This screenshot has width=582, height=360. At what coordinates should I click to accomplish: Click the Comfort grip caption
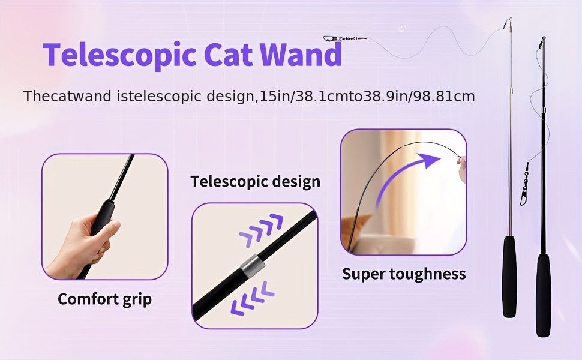[x=104, y=299]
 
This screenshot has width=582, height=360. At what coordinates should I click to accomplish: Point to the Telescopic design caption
[x=255, y=181]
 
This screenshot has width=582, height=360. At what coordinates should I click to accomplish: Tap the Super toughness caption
[x=404, y=274]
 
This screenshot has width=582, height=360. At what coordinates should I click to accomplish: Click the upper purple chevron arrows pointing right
[x=262, y=229]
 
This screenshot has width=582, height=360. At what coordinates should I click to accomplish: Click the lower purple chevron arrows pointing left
[x=252, y=299]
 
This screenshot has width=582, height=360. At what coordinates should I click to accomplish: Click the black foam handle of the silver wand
[x=509, y=276]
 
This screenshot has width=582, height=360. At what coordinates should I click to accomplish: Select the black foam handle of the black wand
[x=544, y=294]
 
